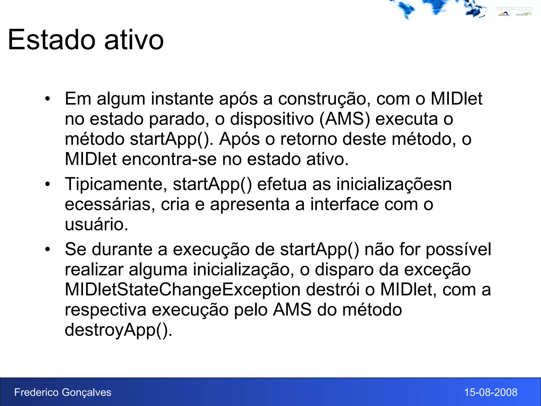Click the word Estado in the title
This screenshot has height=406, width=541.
pos(52,40)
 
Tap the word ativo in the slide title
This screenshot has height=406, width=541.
pos(134,40)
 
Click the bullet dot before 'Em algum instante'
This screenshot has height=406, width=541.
pos(47,99)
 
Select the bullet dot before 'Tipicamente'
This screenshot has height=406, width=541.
pos(47,184)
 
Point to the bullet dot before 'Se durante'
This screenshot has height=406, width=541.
pos(47,249)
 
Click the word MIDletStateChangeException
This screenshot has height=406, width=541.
pos(183,290)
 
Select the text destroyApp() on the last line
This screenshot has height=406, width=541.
pos(118,330)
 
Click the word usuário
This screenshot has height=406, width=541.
pos(96,224)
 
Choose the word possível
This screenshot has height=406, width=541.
pos(458,249)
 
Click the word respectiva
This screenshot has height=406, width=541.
pos(105,310)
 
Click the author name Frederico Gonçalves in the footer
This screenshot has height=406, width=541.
pos(63,393)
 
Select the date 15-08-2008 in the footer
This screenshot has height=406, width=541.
pos(491,393)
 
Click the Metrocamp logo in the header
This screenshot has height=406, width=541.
pos(504,14)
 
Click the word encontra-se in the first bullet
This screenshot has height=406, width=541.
pos(169,159)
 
